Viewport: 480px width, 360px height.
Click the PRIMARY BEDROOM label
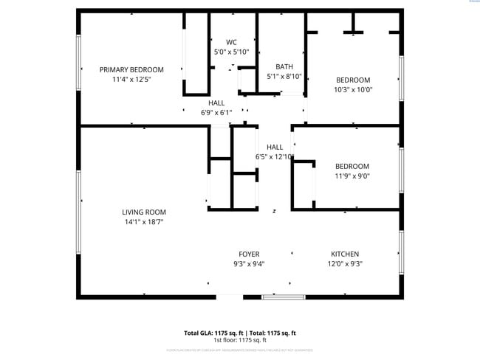click(x=131, y=70)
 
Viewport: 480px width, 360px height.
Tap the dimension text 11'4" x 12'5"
click(x=131, y=80)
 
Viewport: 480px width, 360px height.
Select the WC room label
click(x=231, y=42)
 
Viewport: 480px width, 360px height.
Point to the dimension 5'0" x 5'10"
click(x=231, y=52)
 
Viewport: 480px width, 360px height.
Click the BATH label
click(x=284, y=66)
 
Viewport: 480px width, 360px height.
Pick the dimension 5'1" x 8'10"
click(x=284, y=76)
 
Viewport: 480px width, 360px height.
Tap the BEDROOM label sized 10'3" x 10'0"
click(x=353, y=80)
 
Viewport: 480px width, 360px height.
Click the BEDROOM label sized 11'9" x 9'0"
click(x=352, y=167)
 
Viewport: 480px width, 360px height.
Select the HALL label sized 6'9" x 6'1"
click(x=216, y=103)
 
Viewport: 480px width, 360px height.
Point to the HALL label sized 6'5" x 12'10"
click(x=275, y=147)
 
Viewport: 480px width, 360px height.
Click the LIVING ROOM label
click(x=143, y=212)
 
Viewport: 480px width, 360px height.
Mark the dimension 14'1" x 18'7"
click(x=143, y=222)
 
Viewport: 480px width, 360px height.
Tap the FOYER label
click(x=249, y=255)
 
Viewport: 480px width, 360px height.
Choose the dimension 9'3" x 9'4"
click(x=249, y=264)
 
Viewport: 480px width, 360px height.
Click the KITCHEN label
click(x=345, y=255)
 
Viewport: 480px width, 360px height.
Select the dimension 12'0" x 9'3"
click(x=345, y=264)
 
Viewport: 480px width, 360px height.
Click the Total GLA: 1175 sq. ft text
click(x=214, y=333)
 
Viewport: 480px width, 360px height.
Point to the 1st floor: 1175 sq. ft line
click(x=240, y=340)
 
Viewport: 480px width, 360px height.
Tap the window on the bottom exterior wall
click(x=284, y=297)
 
